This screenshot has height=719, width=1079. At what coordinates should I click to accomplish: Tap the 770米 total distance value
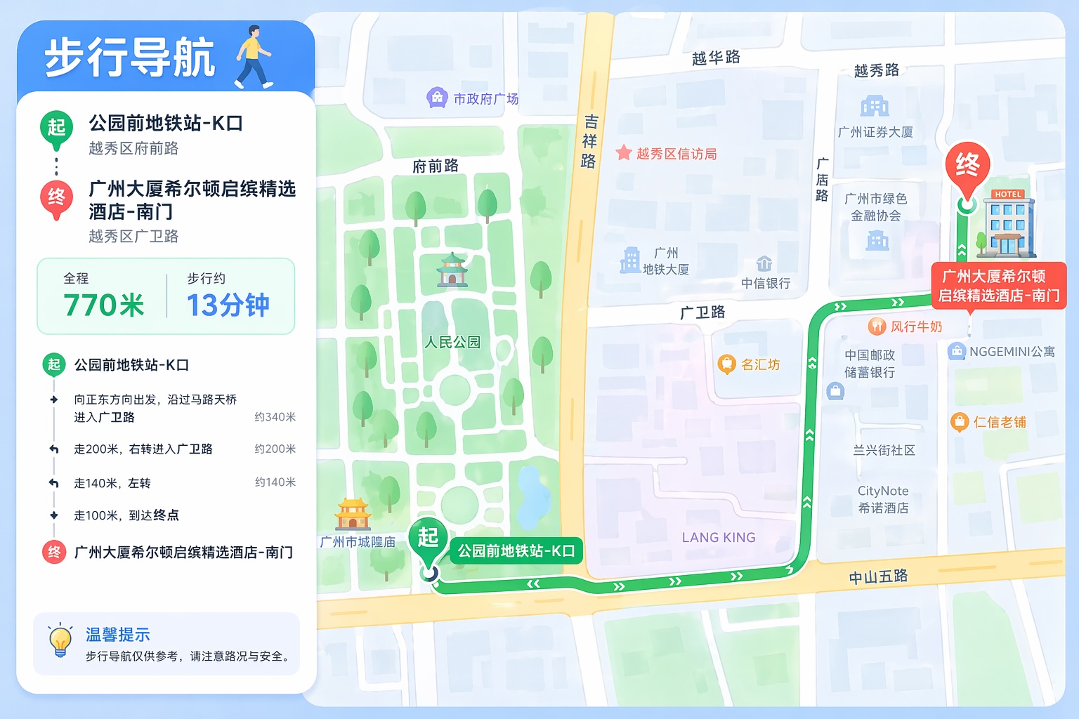tap(103, 305)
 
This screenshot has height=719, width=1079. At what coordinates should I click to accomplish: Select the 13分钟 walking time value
tap(228, 305)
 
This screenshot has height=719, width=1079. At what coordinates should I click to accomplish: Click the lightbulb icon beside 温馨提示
tap(60, 640)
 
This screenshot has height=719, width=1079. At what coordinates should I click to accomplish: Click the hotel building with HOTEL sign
tap(1008, 223)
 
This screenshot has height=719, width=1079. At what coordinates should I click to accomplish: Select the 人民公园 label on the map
tap(452, 343)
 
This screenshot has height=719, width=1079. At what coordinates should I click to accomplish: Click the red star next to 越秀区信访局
tap(623, 153)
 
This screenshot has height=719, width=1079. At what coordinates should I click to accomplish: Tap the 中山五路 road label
tap(878, 577)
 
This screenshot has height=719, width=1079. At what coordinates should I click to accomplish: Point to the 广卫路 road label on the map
tap(702, 312)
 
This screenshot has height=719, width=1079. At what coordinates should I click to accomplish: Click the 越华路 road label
tap(716, 58)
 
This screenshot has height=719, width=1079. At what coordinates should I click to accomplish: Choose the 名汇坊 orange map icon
tap(726, 364)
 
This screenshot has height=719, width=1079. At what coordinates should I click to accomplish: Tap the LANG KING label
tap(719, 538)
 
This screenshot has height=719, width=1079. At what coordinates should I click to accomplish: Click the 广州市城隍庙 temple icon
tap(353, 515)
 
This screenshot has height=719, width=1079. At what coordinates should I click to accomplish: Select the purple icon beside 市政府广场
tap(437, 98)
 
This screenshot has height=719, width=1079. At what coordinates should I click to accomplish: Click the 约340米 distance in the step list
tap(275, 417)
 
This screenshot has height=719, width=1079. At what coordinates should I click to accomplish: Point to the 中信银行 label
tap(766, 283)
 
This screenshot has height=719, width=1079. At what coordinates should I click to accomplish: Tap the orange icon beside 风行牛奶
tap(877, 326)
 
